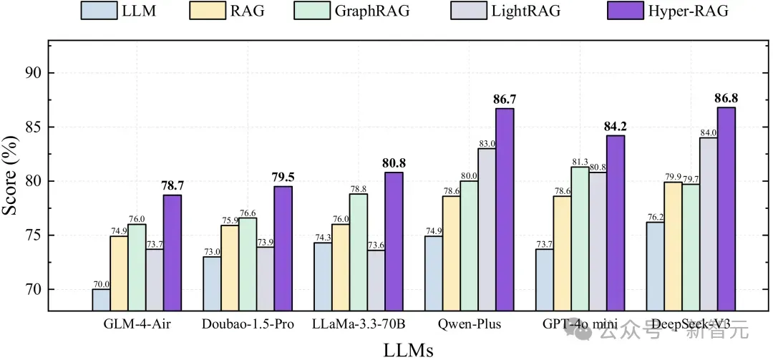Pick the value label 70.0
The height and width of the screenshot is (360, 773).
point(101,284)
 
